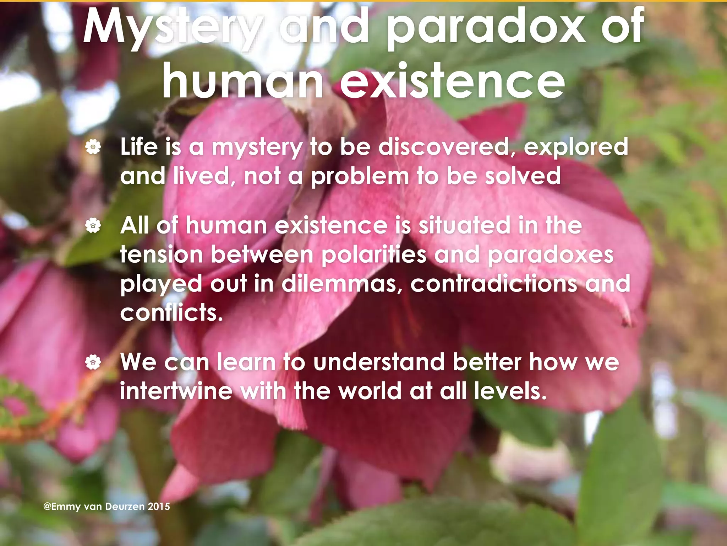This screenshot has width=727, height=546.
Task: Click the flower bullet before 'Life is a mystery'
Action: (93, 147)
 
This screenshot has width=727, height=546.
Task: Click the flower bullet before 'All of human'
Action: (93, 225)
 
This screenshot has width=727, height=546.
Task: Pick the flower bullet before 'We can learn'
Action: (93, 362)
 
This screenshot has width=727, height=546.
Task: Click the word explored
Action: (576, 148)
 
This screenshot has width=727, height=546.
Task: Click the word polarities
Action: (373, 255)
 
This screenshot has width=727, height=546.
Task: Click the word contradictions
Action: (494, 284)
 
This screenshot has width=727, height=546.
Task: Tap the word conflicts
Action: (171, 313)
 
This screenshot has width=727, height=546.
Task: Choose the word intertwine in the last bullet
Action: (176, 391)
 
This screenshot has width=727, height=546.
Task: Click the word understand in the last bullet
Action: (379, 362)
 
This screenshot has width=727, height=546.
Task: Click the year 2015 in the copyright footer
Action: (159, 507)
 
